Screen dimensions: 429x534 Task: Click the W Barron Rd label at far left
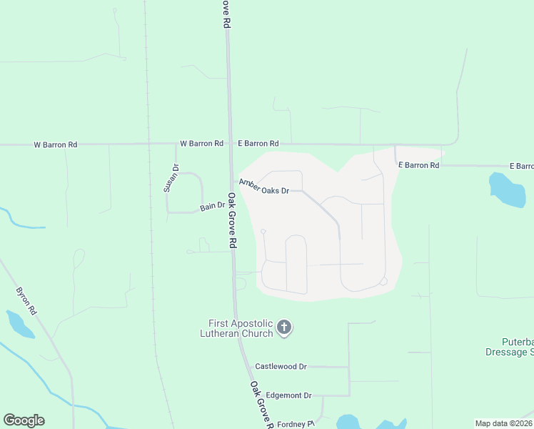56,144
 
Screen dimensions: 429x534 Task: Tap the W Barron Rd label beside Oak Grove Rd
201,143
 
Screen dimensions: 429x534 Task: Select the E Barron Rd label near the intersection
258,143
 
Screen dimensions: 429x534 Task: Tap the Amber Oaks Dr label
264,187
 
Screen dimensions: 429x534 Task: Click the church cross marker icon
284,328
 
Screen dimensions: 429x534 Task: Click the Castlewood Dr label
281,366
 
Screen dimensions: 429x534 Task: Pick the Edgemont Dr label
288,395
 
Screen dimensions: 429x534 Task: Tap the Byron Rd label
25,301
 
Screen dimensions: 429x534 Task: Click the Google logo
24,420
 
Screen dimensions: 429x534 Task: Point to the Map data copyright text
504,423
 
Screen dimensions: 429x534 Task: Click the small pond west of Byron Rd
19,324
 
